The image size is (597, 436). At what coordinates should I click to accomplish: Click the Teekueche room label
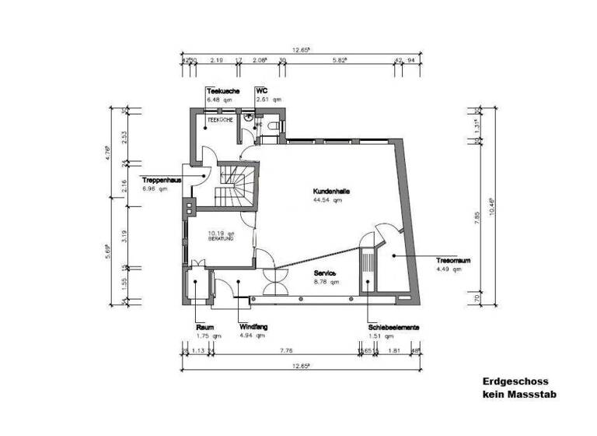click(x=222, y=91)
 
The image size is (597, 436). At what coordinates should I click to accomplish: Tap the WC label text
click(x=262, y=91)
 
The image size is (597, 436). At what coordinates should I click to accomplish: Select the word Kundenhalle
click(x=331, y=192)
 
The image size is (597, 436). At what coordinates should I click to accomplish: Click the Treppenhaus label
click(x=162, y=180)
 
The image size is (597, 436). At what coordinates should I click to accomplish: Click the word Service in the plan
click(x=325, y=273)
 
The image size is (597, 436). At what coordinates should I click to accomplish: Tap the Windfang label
click(x=253, y=328)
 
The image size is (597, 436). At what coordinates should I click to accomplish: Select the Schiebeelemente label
click(x=394, y=328)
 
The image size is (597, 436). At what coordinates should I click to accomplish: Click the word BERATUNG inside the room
click(x=220, y=239)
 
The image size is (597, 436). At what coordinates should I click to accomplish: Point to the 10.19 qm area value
click(x=220, y=232)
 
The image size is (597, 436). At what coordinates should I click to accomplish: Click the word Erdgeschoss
click(x=515, y=382)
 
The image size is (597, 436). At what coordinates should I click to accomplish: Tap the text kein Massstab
click(x=519, y=395)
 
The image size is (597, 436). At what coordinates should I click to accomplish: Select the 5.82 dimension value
click(x=339, y=60)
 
